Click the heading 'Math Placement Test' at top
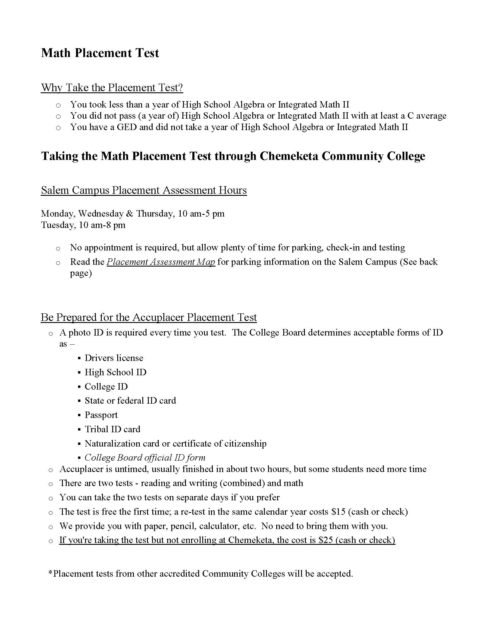100,53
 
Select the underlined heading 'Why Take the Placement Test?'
112,88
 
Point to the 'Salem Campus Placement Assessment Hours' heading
144,190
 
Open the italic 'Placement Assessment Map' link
161,262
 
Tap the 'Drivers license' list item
114,358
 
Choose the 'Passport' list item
101,415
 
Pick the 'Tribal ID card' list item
113,429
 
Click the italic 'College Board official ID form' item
145,457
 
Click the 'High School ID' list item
115,372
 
